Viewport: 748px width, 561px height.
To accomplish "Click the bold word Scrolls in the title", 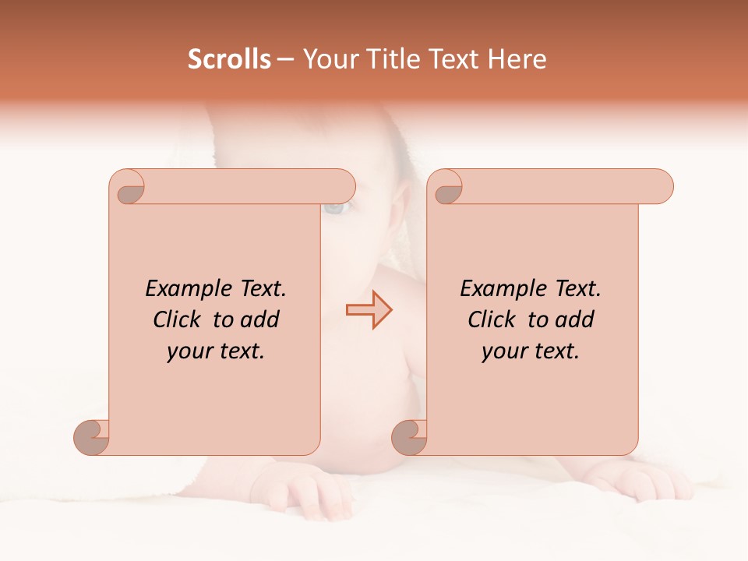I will pos(230,59).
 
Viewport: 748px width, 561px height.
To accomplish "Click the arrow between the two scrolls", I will pos(369,310).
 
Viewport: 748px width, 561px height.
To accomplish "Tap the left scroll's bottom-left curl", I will pos(92,436).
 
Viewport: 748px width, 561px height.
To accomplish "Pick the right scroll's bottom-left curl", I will pos(409,436).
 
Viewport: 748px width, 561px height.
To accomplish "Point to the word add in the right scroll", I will pos(573,319).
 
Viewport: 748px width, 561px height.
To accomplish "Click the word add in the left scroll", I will pos(259,319).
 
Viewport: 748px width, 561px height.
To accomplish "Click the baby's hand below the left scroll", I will pos(316,491).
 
